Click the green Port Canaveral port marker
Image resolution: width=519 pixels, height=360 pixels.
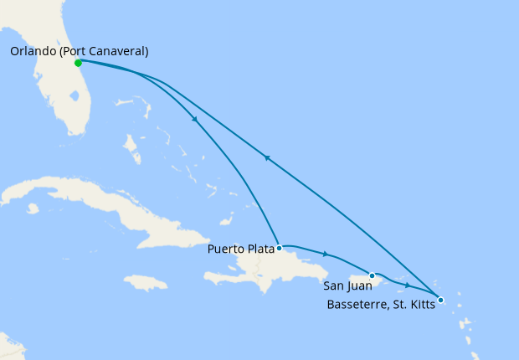point(78,63)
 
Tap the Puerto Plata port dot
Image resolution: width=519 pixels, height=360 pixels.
point(279,248)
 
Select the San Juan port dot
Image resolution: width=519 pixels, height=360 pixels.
point(372,275)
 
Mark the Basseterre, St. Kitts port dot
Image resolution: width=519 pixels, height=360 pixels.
point(441,300)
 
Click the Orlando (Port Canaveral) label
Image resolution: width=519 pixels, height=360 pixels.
point(80,51)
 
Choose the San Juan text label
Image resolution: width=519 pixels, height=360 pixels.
point(347,285)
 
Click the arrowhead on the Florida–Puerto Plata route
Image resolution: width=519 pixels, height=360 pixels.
point(195,119)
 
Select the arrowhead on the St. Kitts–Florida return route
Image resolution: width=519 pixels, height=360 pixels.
point(266,157)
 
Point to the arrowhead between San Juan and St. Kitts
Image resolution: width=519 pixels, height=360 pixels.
point(408,285)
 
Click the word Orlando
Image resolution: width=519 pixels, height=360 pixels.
point(33,51)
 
